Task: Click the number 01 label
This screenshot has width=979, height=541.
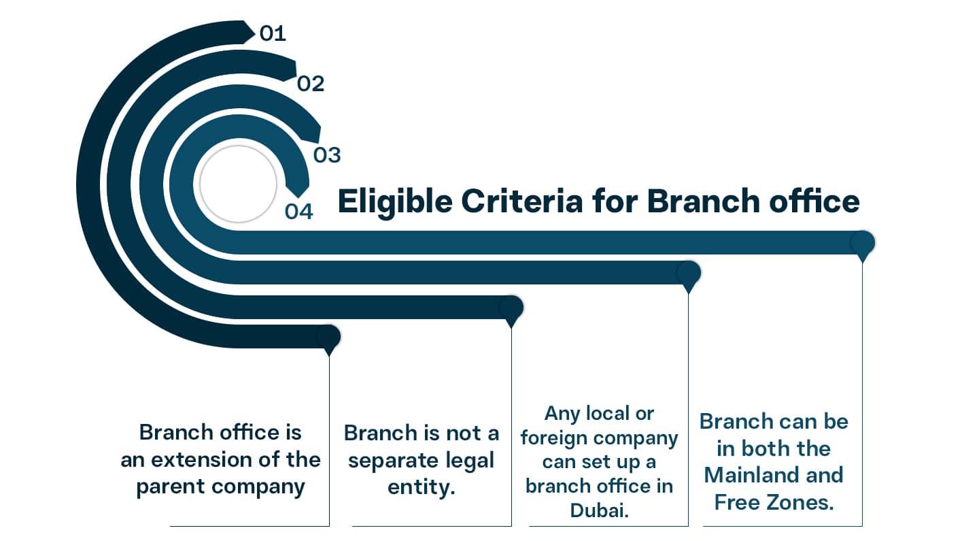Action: click(273, 33)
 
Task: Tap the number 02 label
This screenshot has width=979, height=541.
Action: click(311, 84)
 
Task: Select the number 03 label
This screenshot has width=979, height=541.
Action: click(326, 155)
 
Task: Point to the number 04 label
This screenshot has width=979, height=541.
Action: click(299, 212)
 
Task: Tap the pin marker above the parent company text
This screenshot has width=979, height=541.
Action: click(328, 338)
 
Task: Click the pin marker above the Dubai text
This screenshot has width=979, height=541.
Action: click(688, 274)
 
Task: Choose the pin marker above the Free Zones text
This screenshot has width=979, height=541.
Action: click(862, 244)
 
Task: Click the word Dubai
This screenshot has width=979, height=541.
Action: click(599, 510)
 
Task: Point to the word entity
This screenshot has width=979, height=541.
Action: click(421, 488)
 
